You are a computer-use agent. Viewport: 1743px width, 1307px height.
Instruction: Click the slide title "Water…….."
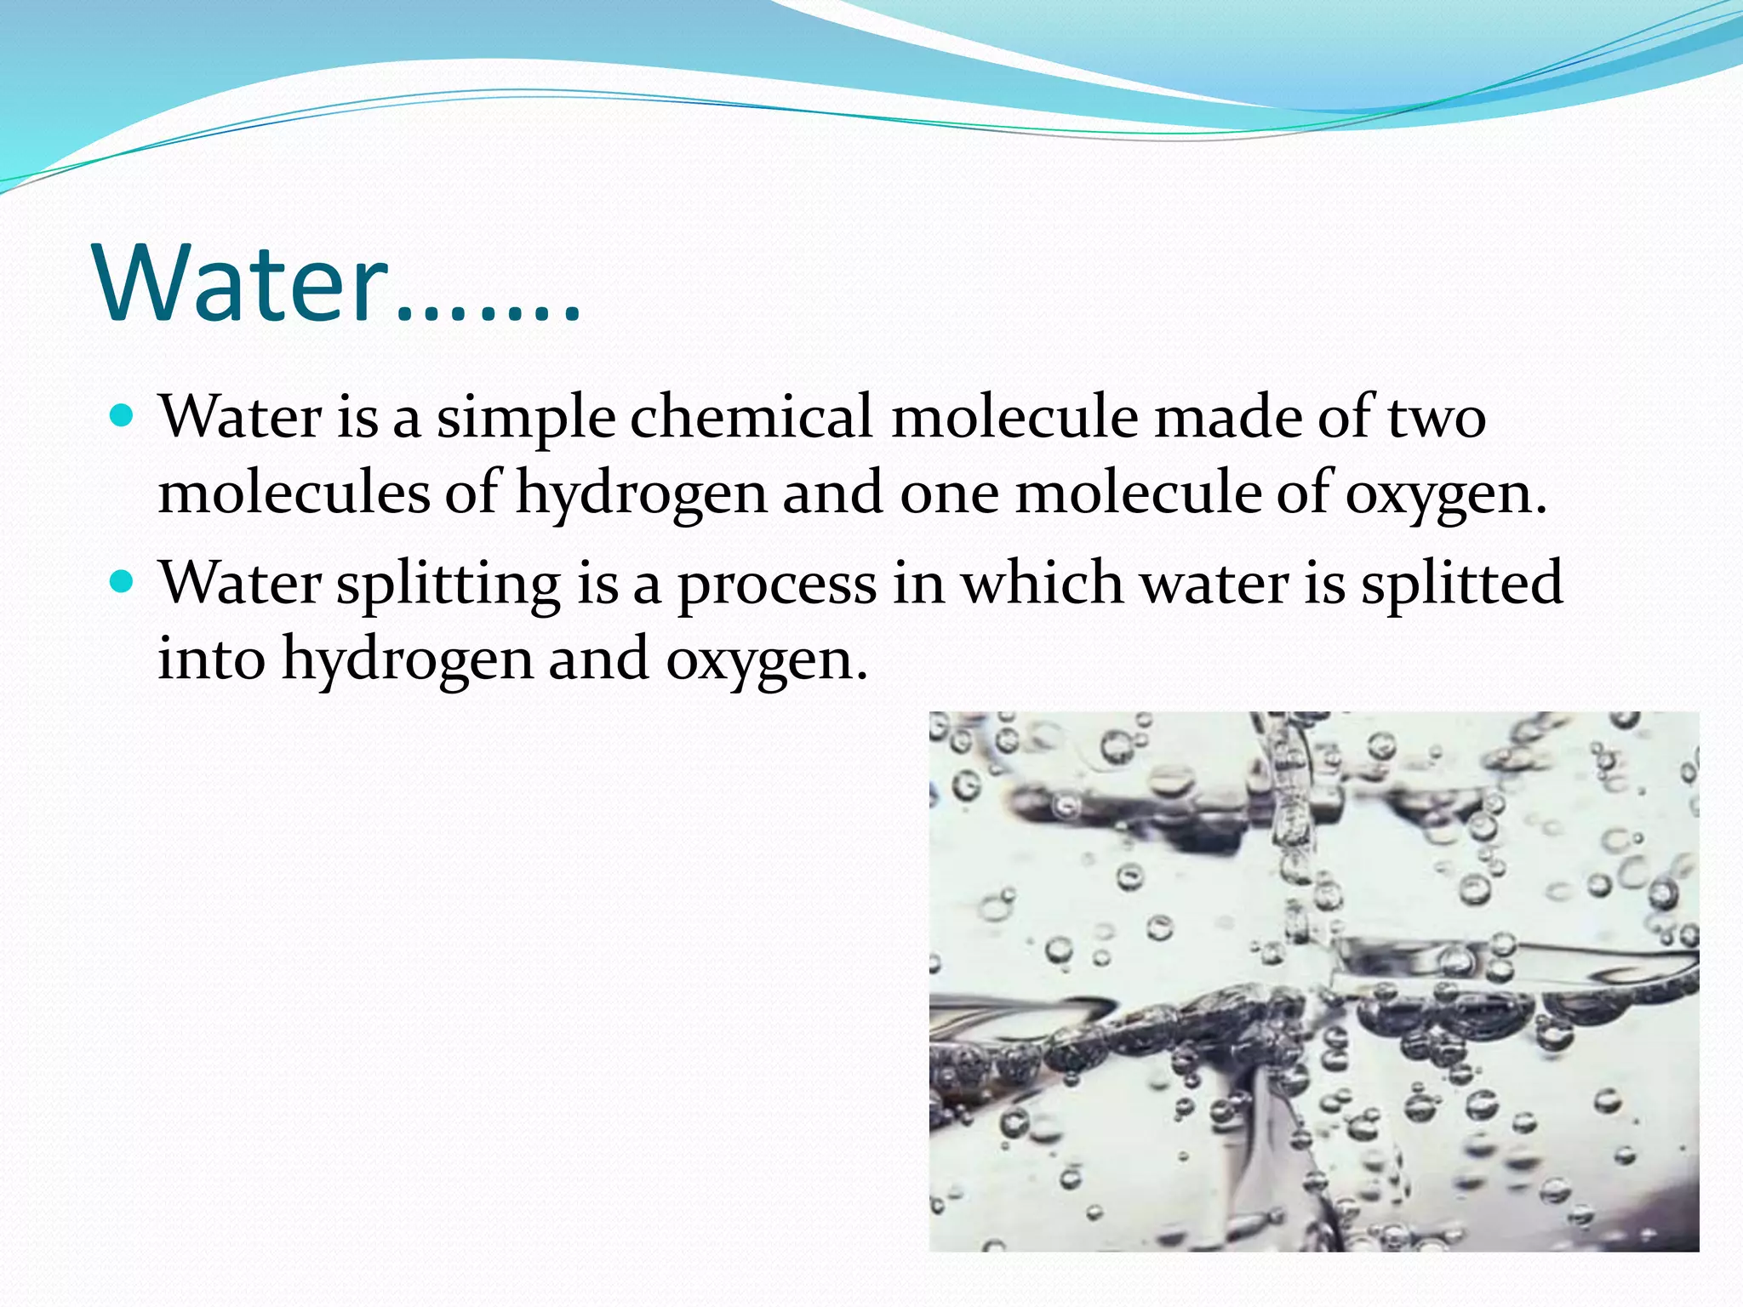pos(339,283)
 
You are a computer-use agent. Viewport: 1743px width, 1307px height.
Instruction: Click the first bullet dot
pos(123,417)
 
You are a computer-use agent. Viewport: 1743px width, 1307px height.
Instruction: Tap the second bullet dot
pos(123,582)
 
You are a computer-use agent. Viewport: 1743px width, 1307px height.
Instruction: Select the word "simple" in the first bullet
pos(526,419)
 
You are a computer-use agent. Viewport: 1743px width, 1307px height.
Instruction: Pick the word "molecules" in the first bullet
pos(294,493)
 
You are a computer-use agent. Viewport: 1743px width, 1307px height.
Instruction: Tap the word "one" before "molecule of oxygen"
pos(949,494)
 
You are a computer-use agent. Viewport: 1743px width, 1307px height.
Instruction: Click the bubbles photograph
pos(1313,980)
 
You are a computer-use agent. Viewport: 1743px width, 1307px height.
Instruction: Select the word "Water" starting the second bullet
pos(241,583)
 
